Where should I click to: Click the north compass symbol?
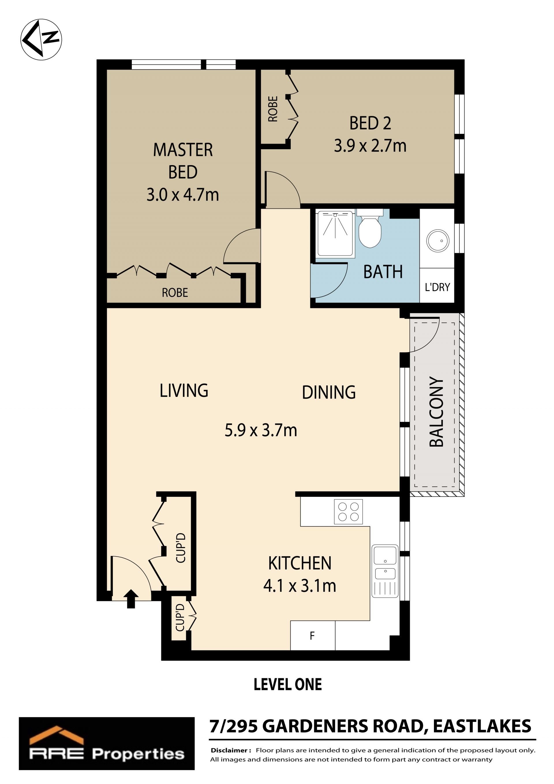point(41,40)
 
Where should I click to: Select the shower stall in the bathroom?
point(335,234)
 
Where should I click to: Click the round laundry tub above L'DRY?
point(438,241)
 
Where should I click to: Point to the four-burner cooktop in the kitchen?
point(348,512)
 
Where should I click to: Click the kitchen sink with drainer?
point(385,571)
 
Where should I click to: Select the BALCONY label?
point(436,412)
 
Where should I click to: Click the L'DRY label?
point(437,287)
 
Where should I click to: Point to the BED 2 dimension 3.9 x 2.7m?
point(370,146)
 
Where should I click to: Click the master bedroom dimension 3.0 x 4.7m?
point(183,195)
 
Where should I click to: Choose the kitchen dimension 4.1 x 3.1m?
point(300,586)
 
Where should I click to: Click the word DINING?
point(329,392)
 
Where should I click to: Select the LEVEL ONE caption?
point(288,685)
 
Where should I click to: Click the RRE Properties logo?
point(106,743)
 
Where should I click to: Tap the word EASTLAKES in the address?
point(482,726)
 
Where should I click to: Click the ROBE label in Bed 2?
point(273,109)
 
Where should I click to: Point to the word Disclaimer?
point(231,751)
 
